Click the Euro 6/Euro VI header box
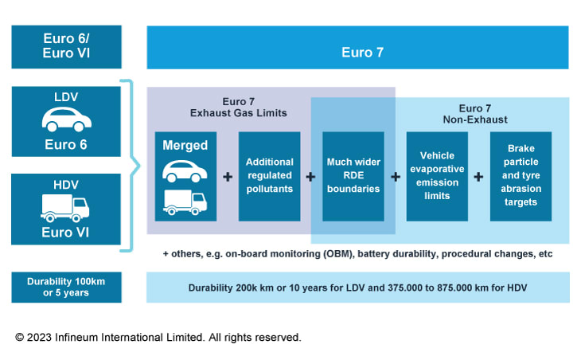pyautogui.click(x=66, y=47)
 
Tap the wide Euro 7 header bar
pyautogui.click(x=357, y=53)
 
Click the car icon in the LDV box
pyautogui.click(x=66, y=119)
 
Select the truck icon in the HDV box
pyautogui.click(x=65, y=207)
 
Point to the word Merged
pyautogui.click(x=185, y=146)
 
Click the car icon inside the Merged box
pyautogui.click(x=185, y=170)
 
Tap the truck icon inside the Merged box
pyautogui.click(x=185, y=202)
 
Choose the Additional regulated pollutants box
pyautogui.click(x=269, y=176)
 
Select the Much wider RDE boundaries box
pyautogui.click(x=353, y=176)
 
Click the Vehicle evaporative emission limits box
pyautogui.click(x=436, y=176)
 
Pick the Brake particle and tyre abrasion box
pyautogui.click(x=520, y=176)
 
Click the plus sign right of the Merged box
pyautogui.click(x=228, y=177)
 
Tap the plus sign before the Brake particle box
pyautogui.click(x=478, y=177)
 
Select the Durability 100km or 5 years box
pyautogui.click(x=66, y=288)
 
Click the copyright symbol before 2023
pyautogui.click(x=20, y=338)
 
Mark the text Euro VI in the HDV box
pyautogui.click(x=65, y=233)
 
